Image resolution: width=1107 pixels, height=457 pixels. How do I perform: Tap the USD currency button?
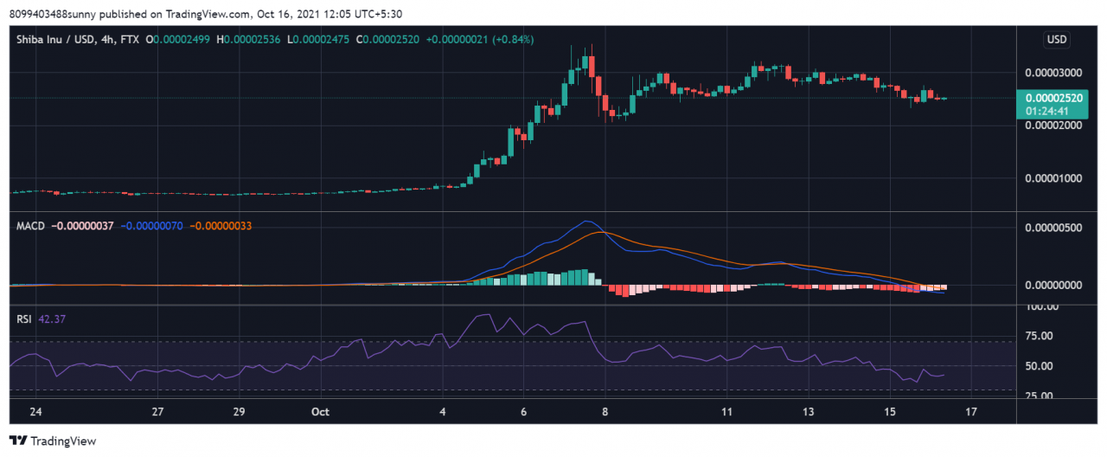(x=1056, y=40)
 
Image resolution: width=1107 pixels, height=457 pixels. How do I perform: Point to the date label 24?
(x=35, y=412)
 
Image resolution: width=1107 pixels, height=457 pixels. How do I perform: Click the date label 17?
(x=971, y=412)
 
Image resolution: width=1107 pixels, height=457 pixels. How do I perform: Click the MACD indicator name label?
(x=31, y=226)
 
